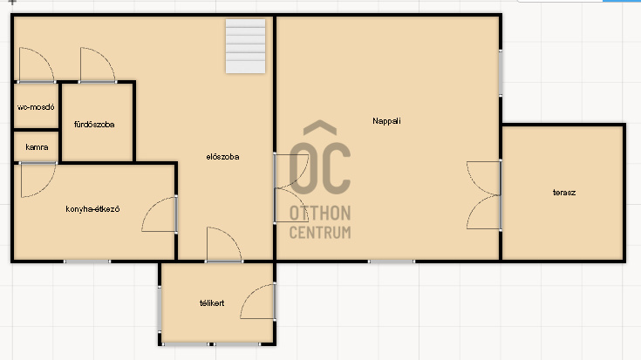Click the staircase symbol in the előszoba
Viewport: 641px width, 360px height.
click(x=245, y=46)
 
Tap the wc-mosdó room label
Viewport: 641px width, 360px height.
click(x=36, y=107)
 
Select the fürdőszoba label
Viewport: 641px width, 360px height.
click(x=94, y=125)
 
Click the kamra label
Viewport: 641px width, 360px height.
click(x=37, y=147)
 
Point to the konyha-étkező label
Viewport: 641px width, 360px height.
click(x=92, y=209)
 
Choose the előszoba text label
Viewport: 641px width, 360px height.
click(x=222, y=157)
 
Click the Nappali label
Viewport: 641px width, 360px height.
click(x=386, y=121)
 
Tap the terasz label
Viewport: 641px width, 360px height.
click(x=564, y=193)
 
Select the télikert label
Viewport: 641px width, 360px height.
click(x=212, y=303)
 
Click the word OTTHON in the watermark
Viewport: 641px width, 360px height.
click(x=320, y=214)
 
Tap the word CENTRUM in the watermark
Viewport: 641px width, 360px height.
click(x=320, y=233)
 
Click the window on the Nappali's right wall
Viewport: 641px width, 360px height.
click(x=501, y=73)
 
